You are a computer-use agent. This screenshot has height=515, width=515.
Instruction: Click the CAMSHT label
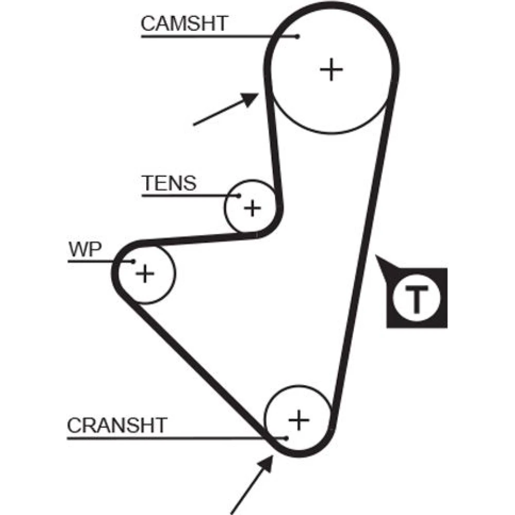[184, 24]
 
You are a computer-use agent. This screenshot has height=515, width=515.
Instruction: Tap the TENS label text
[169, 183]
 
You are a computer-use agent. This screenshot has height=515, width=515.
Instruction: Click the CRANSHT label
[117, 425]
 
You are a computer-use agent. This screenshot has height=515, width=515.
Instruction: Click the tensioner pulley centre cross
[252, 208]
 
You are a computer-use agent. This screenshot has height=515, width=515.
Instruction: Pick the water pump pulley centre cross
[145, 273]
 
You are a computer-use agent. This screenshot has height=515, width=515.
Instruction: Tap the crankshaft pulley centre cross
[298, 420]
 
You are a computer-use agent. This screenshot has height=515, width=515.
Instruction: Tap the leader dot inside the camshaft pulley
[298, 36]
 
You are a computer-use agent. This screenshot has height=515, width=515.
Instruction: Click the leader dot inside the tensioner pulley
[239, 196]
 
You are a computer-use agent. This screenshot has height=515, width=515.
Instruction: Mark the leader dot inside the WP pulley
[133, 262]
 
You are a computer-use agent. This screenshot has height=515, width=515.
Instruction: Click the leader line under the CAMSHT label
[216, 36]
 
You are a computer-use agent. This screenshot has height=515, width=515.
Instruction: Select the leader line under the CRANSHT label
[170, 438]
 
